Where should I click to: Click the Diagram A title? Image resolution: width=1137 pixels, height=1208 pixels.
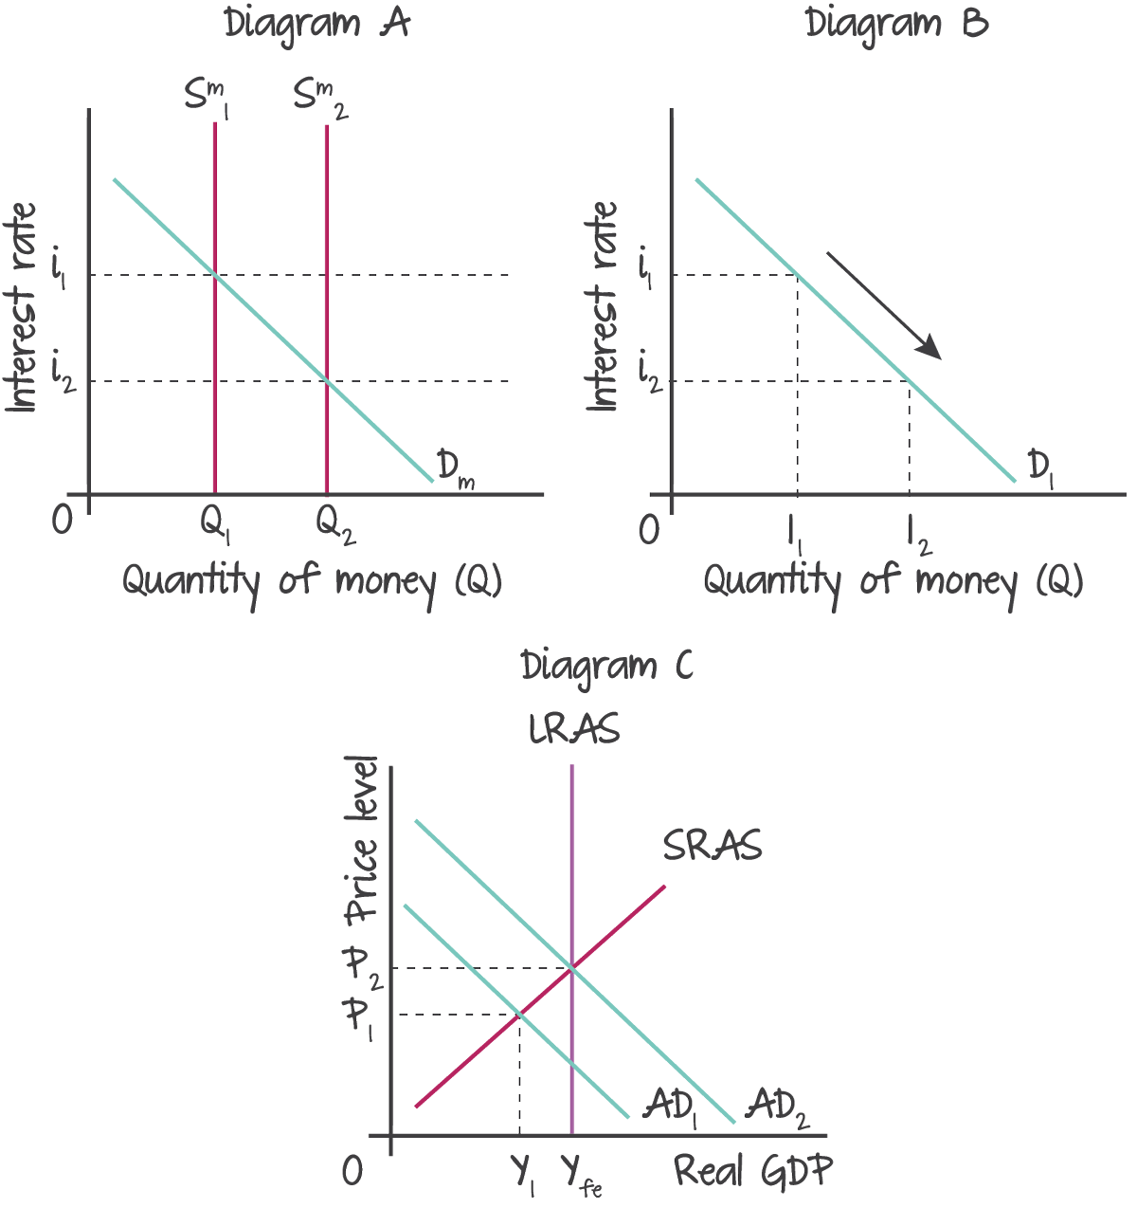pyautogui.click(x=317, y=24)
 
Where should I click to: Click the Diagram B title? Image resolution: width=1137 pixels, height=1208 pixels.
pyautogui.click(x=896, y=24)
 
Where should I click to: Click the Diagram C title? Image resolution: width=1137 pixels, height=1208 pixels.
pyautogui.click(x=606, y=667)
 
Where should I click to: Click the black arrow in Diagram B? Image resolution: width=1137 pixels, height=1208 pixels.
pyautogui.click(x=883, y=305)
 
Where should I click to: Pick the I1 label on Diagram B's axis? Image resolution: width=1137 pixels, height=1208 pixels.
pyautogui.click(x=795, y=534)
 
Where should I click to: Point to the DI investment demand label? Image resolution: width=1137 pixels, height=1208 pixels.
pyautogui.click(x=1040, y=469)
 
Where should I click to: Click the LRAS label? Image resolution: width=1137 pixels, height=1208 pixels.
pyautogui.click(x=574, y=730)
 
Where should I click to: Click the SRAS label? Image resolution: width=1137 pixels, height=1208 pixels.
pyautogui.click(x=713, y=846)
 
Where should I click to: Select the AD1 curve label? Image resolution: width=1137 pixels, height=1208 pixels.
pyautogui.click(x=671, y=1107)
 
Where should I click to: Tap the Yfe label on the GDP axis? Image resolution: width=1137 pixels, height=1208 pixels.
pyautogui.click(x=581, y=1176)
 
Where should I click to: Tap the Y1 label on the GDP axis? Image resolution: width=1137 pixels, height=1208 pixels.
pyautogui.click(x=524, y=1176)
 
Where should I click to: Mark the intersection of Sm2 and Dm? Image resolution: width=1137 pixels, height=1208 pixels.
pyautogui.click(x=327, y=381)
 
